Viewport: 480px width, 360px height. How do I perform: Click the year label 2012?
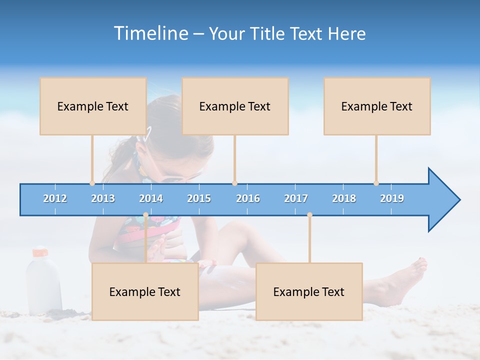55,198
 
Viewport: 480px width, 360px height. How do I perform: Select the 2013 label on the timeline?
103,198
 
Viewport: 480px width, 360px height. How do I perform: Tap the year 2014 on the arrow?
151,198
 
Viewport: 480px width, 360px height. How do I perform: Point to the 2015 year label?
199,198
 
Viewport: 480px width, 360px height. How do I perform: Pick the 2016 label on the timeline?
248,198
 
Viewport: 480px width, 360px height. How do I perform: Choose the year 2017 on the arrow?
296,198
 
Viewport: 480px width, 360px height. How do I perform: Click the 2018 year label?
344,198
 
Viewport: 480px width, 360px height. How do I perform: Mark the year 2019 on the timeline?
392,198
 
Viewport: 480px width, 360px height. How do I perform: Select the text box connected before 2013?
93,106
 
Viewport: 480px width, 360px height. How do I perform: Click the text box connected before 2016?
235,106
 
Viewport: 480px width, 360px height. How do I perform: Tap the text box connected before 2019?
377,106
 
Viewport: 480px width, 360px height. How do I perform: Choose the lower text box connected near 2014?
145,291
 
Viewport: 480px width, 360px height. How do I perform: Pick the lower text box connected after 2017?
309,291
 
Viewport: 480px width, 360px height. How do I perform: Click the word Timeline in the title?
150,33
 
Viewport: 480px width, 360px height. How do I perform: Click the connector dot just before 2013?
92,183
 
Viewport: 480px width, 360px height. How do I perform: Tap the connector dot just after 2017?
309,215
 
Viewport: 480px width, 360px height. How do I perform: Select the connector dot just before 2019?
376,183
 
